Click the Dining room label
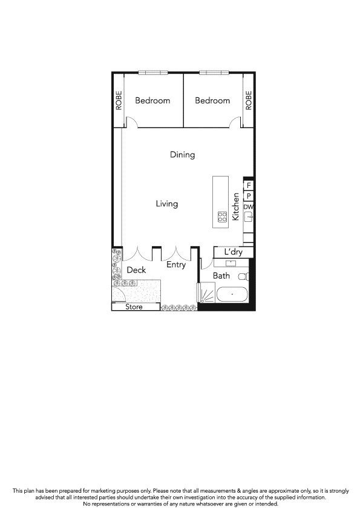pyautogui.click(x=182, y=155)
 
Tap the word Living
pyautogui.click(x=166, y=204)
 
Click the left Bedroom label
pyautogui.click(x=152, y=101)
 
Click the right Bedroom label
pyautogui.click(x=212, y=101)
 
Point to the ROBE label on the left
pyautogui.click(x=119, y=100)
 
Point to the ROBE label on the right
pyautogui.click(x=248, y=100)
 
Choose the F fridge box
pyautogui.click(x=248, y=185)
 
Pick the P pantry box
pyautogui.click(x=248, y=196)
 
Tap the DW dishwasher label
pyautogui.click(x=248, y=207)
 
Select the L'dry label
pyautogui.click(x=233, y=252)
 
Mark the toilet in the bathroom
pyautogui.click(x=243, y=276)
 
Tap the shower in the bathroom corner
pyautogui.click(x=206, y=294)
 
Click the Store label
pyautogui.click(x=134, y=307)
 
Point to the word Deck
pyautogui.click(x=136, y=270)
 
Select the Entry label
pyautogui.click(x=175, y=265)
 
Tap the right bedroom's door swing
pyautogui.click(x=235, y=123)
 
